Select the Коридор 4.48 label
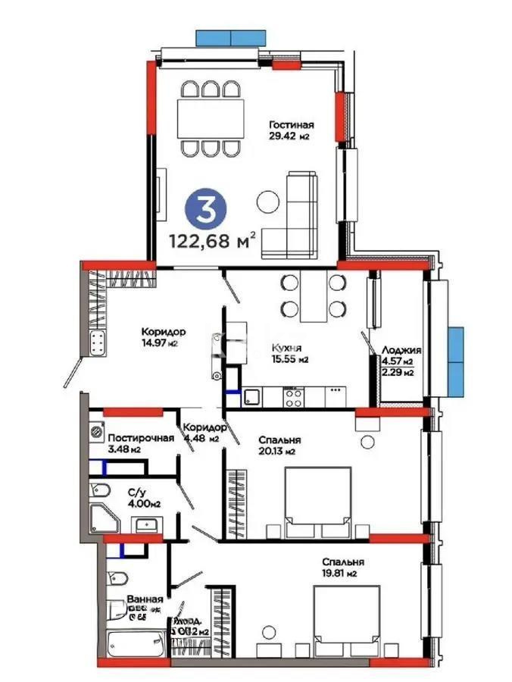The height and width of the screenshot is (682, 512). coord(202,433)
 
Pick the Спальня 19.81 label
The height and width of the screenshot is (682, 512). coord(343,567)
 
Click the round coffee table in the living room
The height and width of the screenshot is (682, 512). coord(267,202)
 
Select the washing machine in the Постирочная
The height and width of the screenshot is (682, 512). coord(97,432)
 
